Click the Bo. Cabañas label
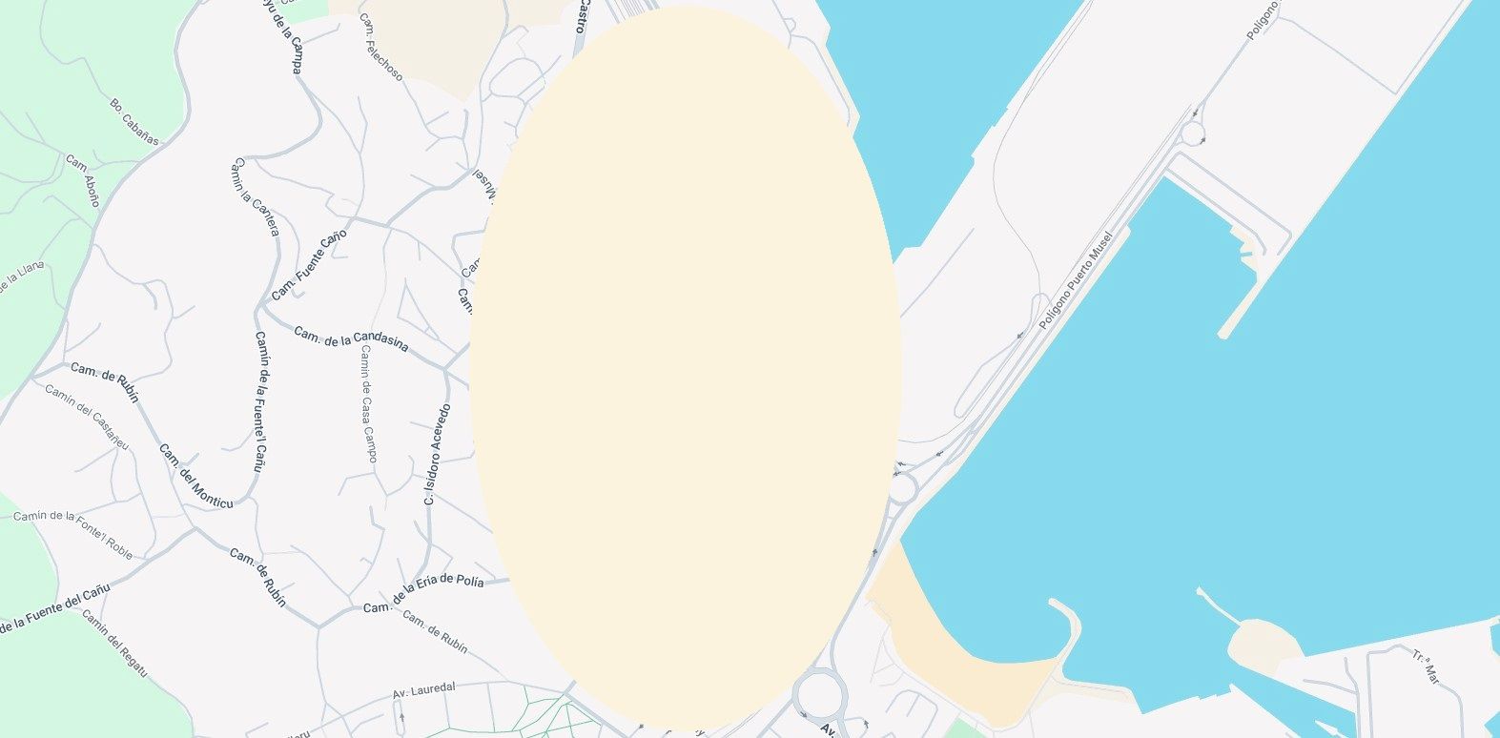133,120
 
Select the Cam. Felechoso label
380,47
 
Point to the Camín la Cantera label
255,197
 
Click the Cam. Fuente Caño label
309,265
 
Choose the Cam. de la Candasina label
351,338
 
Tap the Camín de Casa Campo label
368,403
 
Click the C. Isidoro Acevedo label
437,454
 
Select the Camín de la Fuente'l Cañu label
259,401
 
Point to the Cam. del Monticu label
195,476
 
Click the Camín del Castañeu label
87,416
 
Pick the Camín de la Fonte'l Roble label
72,534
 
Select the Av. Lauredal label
424,689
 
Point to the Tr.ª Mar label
1427,666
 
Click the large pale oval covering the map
686,367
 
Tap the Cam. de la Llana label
21,280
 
